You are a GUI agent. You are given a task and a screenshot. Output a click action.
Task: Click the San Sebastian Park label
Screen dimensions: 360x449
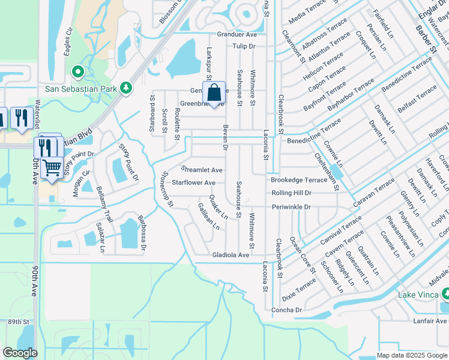pos(80,89)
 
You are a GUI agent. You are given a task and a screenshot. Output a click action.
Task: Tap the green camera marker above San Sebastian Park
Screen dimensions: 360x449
pos(77,73)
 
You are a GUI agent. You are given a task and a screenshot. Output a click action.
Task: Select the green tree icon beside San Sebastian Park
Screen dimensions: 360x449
pos(125,89)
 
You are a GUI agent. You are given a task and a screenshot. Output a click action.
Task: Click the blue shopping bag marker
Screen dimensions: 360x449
pos(213,94)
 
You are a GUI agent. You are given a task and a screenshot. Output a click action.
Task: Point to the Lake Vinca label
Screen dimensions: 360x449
pos(419,295)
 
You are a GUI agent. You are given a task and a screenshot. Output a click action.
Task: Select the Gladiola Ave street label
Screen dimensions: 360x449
pos(231,255)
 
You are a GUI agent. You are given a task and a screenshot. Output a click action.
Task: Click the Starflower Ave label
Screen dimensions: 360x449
pos(193,182)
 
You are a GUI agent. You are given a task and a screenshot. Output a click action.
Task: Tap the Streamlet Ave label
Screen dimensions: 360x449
pos(202,170)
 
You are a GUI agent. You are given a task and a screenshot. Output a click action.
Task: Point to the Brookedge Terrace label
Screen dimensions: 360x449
pos(298,180)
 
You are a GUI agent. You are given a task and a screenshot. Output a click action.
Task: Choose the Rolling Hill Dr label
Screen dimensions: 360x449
pos(291,193)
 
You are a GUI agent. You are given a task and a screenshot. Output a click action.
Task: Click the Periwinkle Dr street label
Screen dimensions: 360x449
pos(291,207)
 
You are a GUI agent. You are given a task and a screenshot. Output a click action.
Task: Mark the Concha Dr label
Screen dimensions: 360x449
pos(286,310)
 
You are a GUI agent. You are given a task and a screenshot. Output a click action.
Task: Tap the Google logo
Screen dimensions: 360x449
pos(20,353)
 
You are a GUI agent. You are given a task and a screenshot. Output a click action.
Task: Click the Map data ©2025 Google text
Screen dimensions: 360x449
pos(411,355)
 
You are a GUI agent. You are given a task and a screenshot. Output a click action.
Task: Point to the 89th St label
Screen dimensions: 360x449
pos(19,322)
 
